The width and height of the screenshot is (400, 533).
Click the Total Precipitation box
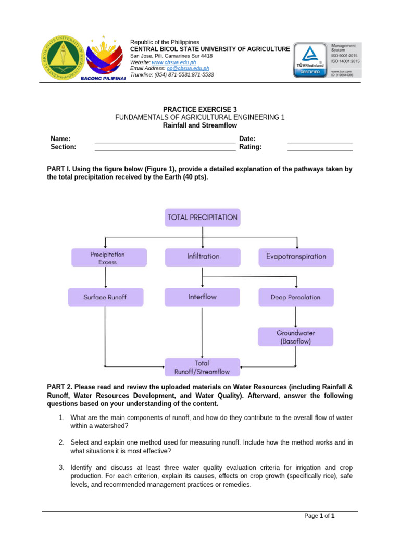point(203,217)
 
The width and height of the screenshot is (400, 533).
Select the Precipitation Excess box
point(107,258)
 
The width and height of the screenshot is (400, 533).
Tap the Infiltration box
point(203,257)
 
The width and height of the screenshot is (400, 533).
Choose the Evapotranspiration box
point(296,257)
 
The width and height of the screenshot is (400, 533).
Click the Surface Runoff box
point(105,297)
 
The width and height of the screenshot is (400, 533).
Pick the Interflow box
point(203,297)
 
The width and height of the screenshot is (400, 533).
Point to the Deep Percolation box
point(295,297)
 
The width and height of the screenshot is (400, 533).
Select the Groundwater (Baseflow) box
point(295,337)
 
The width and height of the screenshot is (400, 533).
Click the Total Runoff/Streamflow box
point(203,367)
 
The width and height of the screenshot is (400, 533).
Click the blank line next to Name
point(165,139)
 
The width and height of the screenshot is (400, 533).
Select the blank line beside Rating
point(320,148)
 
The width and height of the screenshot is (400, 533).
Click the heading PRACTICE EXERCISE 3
point(199,109)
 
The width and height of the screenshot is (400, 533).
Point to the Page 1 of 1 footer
point(319,516)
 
